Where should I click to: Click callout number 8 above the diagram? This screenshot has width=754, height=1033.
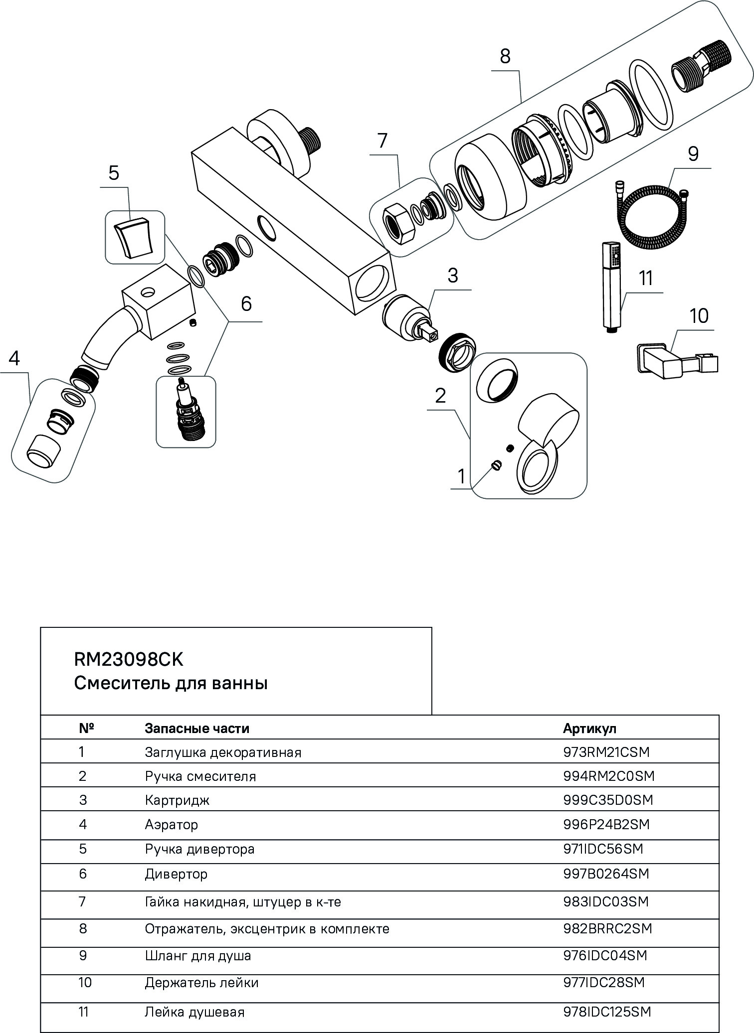(x=505, y=57)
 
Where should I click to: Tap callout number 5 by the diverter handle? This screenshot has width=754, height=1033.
(x=114, y=173)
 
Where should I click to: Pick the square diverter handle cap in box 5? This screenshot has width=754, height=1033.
(x=134, y=238)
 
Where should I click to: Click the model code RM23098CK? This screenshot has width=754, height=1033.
(x=129, y=660)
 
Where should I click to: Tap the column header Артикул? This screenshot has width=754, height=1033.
(x=589, y=729)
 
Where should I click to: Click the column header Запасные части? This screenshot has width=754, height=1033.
(x=197, y=729)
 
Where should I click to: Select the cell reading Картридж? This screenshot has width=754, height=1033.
(x=177, y=800)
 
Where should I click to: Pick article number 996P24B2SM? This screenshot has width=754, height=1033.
(x=606, y=825)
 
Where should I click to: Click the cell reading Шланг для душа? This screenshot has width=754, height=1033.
(x=198, y=956)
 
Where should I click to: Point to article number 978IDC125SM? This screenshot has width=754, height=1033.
(x=607, y=1012)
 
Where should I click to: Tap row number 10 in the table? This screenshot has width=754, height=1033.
(x=85, y=983)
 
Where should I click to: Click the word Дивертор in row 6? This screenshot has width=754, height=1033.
(x=176, y=874)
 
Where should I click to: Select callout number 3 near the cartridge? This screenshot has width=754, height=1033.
(x=453, y=276)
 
